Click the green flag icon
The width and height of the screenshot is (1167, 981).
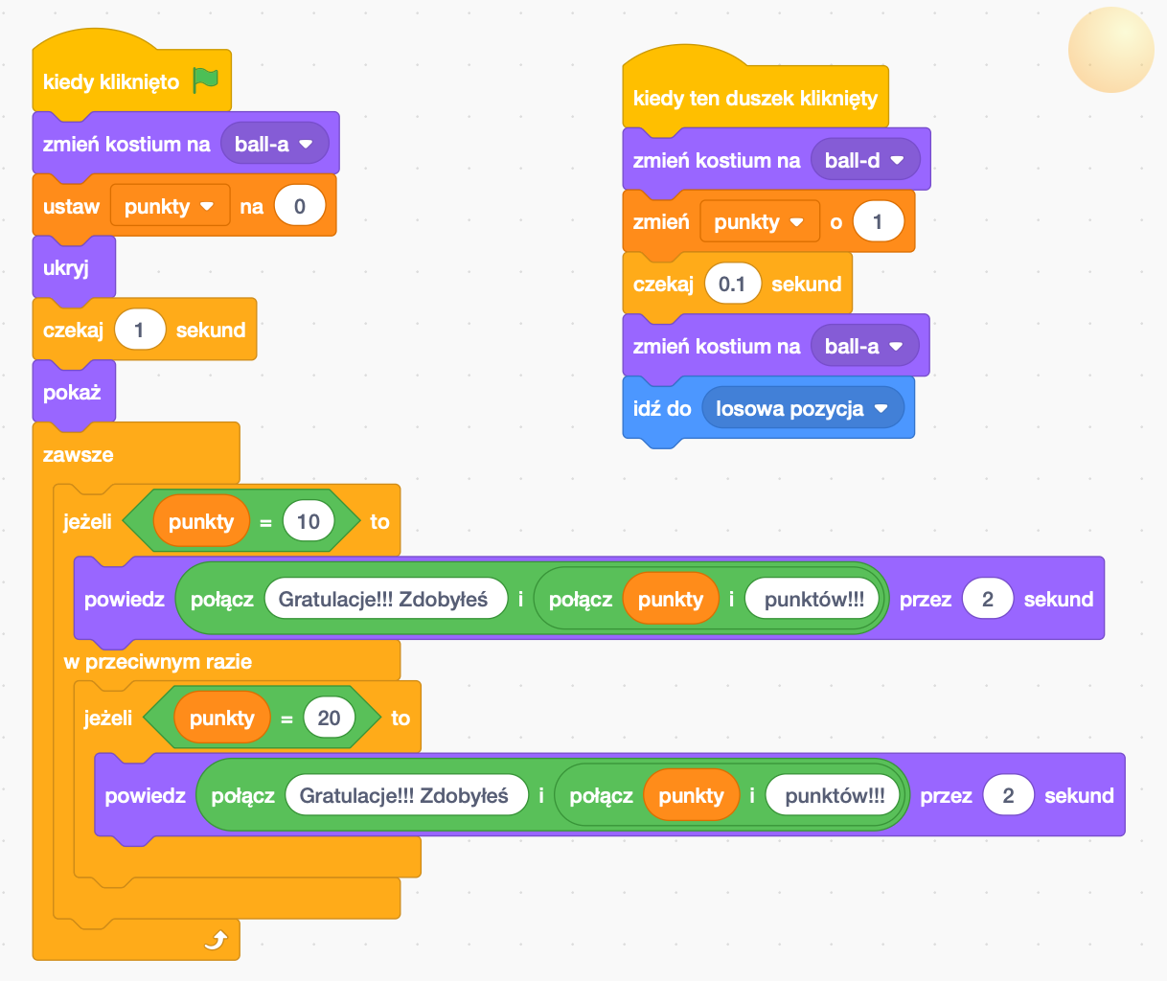[205, 80]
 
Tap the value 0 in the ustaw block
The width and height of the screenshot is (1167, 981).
[300, 206]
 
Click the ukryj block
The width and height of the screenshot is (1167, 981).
[67, 267]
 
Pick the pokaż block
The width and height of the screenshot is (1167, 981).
[72, 392]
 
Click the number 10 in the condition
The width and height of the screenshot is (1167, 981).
[309, 521]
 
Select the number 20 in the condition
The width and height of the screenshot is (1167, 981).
[329, 718]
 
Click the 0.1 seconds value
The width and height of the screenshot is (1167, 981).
[732, 284]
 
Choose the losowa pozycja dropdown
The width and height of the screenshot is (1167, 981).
[802, 408]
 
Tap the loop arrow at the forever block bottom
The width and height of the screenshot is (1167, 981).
[217, 940]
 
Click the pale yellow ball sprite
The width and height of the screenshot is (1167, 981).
[1111, 50]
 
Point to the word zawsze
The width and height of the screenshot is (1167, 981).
[79, 454]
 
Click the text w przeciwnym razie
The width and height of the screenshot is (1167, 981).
[158, 661]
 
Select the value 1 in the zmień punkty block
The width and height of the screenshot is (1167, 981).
[878, 222]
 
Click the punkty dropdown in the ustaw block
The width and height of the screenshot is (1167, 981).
[170, 206]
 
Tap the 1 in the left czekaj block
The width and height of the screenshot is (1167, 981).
[140, 330]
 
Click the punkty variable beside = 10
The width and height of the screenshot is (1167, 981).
[201, 521]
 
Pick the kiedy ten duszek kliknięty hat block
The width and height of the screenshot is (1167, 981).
[755, 98]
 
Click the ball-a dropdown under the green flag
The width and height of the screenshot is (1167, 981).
[274, 144]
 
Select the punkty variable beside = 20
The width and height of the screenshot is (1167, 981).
[222, 718]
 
